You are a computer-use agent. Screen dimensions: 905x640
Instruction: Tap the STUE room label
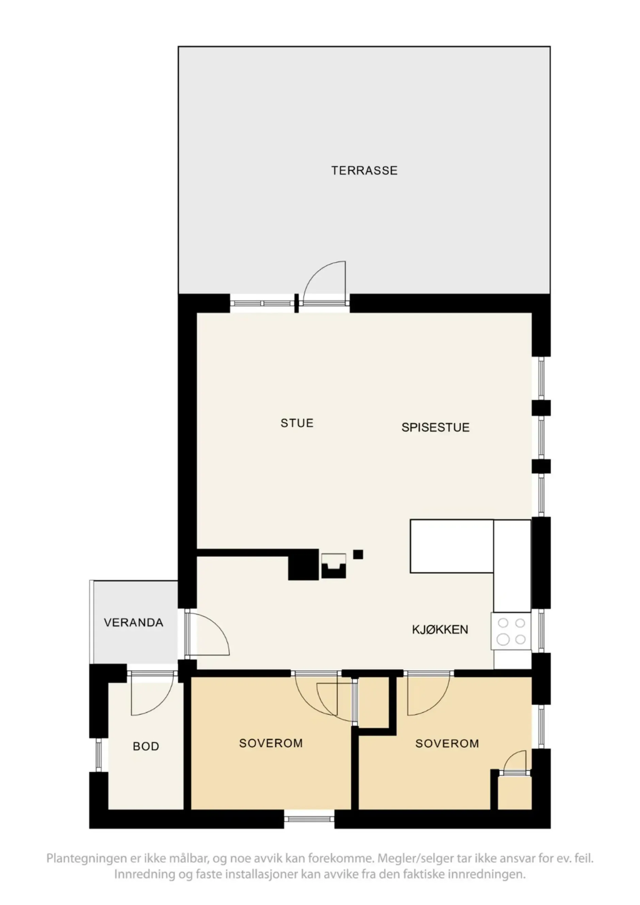point(297,423)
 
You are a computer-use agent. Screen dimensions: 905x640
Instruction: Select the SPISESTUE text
point(435,427)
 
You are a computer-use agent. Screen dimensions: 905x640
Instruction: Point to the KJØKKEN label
point(440,629)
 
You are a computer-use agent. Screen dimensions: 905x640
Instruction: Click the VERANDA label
point(133,622)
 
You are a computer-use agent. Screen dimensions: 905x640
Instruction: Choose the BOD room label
point(146,746)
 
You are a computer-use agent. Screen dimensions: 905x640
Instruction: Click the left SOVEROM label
point(271,743)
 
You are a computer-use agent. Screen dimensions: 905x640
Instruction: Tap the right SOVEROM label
point(447,743)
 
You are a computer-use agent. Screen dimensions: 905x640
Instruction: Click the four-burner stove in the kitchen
point(511,631)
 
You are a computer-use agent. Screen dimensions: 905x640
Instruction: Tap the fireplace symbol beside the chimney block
point(334,565)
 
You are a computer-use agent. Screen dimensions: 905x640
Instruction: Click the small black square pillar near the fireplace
point(358,555)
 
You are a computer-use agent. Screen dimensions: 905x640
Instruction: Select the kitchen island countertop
point(451,546)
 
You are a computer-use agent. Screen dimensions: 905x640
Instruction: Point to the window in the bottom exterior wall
point(309,819)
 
